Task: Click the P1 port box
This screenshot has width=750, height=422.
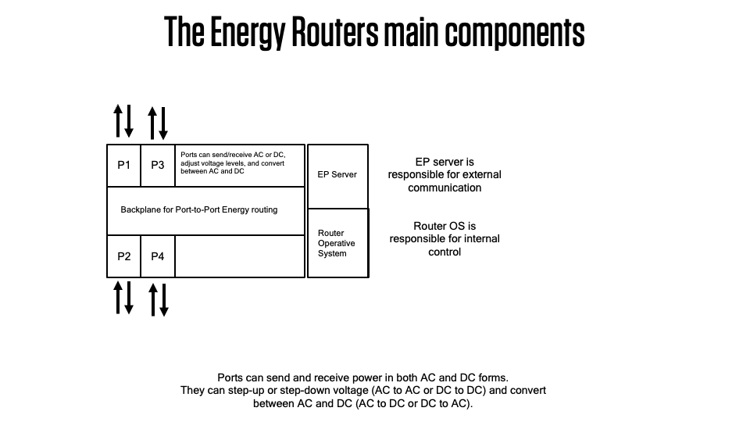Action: (123, 165)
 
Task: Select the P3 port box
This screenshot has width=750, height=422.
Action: (158, 165)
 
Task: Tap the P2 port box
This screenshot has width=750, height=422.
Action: (123, 256)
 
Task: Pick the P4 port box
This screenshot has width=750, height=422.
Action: (158, 256)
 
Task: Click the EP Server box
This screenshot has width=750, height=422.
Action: (337, 175)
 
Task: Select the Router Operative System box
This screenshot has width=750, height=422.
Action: (337, 243)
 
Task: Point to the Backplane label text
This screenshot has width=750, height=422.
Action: (198, 210)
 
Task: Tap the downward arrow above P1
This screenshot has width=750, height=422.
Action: (129, 120)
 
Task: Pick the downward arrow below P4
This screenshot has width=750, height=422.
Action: (163, 300)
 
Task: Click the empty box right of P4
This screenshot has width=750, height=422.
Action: (239, 256)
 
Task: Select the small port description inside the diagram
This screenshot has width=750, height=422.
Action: (233, 163)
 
